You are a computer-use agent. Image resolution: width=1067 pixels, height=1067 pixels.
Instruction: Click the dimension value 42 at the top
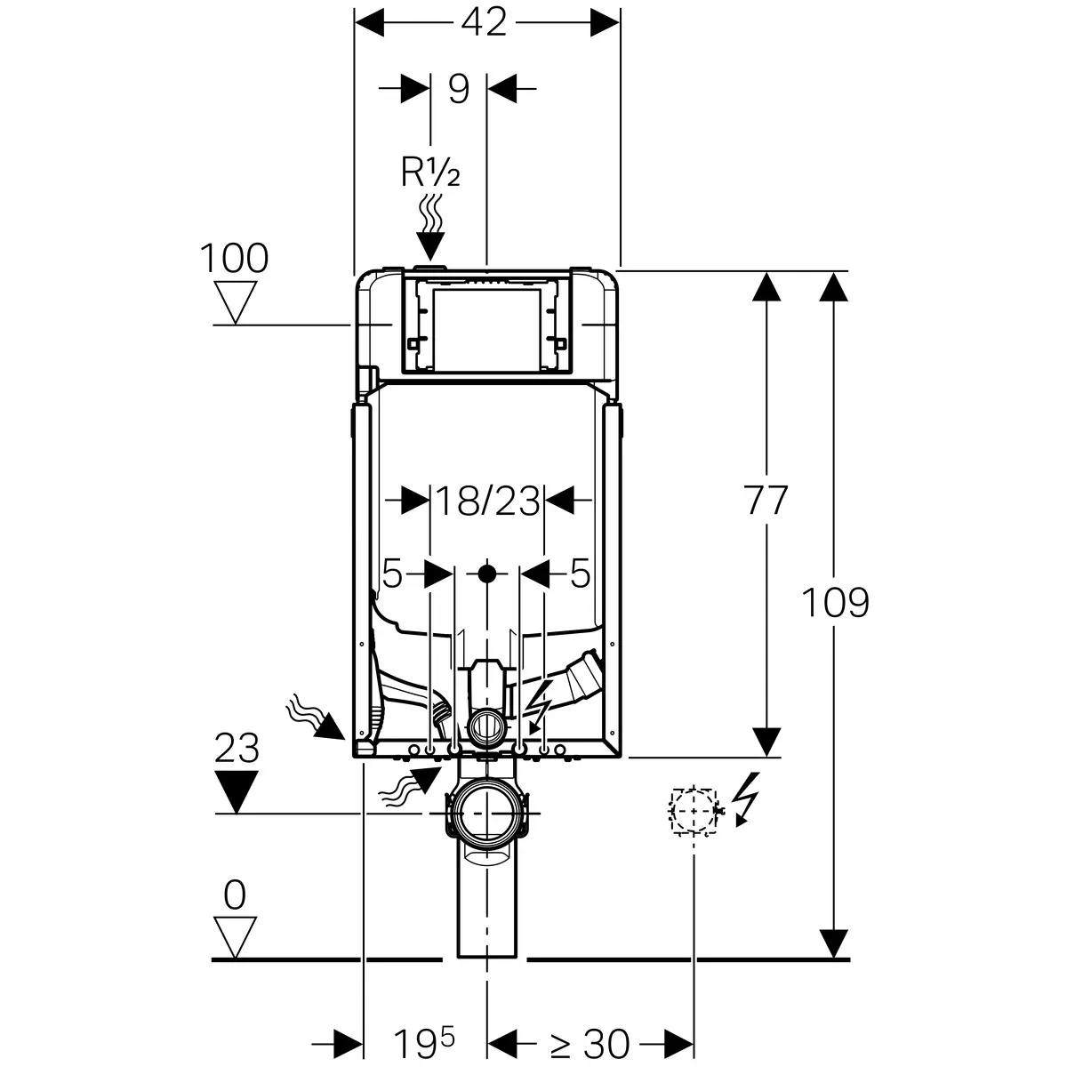pyautogui.click(x=484, y=22)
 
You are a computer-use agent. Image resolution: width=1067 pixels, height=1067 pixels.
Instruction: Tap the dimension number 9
pyautogui.click(x=459, y=89)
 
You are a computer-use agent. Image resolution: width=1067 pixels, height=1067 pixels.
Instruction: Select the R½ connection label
pyautogui.click(x=430, y=173)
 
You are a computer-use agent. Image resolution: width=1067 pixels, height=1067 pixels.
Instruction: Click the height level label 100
pyautogui.click(x=233, y=259)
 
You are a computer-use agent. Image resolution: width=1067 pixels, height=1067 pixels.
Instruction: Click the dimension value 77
pyautogui.click(x=766, y=501)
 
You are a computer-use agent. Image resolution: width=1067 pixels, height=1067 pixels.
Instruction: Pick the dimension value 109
pyautogui.click(x=835, y=603)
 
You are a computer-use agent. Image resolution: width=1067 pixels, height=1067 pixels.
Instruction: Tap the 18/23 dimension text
pyautogui.click(x=486, y=502)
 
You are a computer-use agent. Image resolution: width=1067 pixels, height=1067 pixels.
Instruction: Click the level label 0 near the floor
pyautogui.click(x=235, y=895)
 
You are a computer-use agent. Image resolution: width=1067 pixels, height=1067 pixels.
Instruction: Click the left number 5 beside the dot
pyautogui.click(x=392, y=574)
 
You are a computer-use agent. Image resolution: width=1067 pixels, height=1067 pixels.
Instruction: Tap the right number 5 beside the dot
pyautogui.click(x=580, y=574)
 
